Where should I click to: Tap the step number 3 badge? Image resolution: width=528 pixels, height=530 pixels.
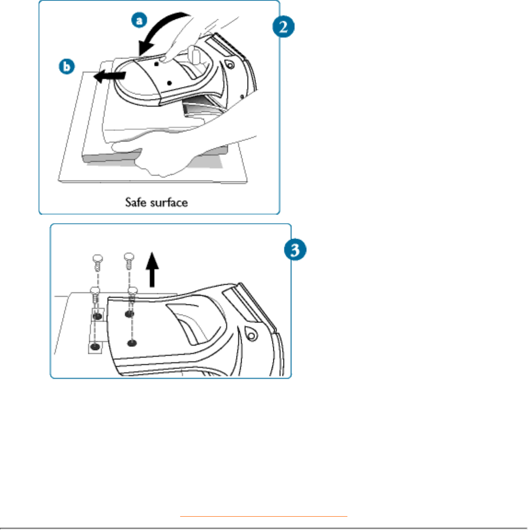point(295,250)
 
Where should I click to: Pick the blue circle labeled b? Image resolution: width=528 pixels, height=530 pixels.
point(67,67)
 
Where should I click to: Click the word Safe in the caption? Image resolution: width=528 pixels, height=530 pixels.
point(136,202)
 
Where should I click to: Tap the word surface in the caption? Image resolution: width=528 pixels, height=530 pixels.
point(170,202)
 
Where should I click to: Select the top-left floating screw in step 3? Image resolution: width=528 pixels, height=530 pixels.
point(97,263)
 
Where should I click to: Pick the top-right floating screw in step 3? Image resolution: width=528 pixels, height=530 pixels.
point(129,262)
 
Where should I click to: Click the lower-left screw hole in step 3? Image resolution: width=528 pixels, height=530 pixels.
point(95,347)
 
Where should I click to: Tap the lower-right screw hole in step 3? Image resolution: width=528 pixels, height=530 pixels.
point(132,342)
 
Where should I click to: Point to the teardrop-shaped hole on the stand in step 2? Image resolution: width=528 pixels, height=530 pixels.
point(229,65)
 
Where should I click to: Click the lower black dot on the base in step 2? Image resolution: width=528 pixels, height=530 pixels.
point(170,83)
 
